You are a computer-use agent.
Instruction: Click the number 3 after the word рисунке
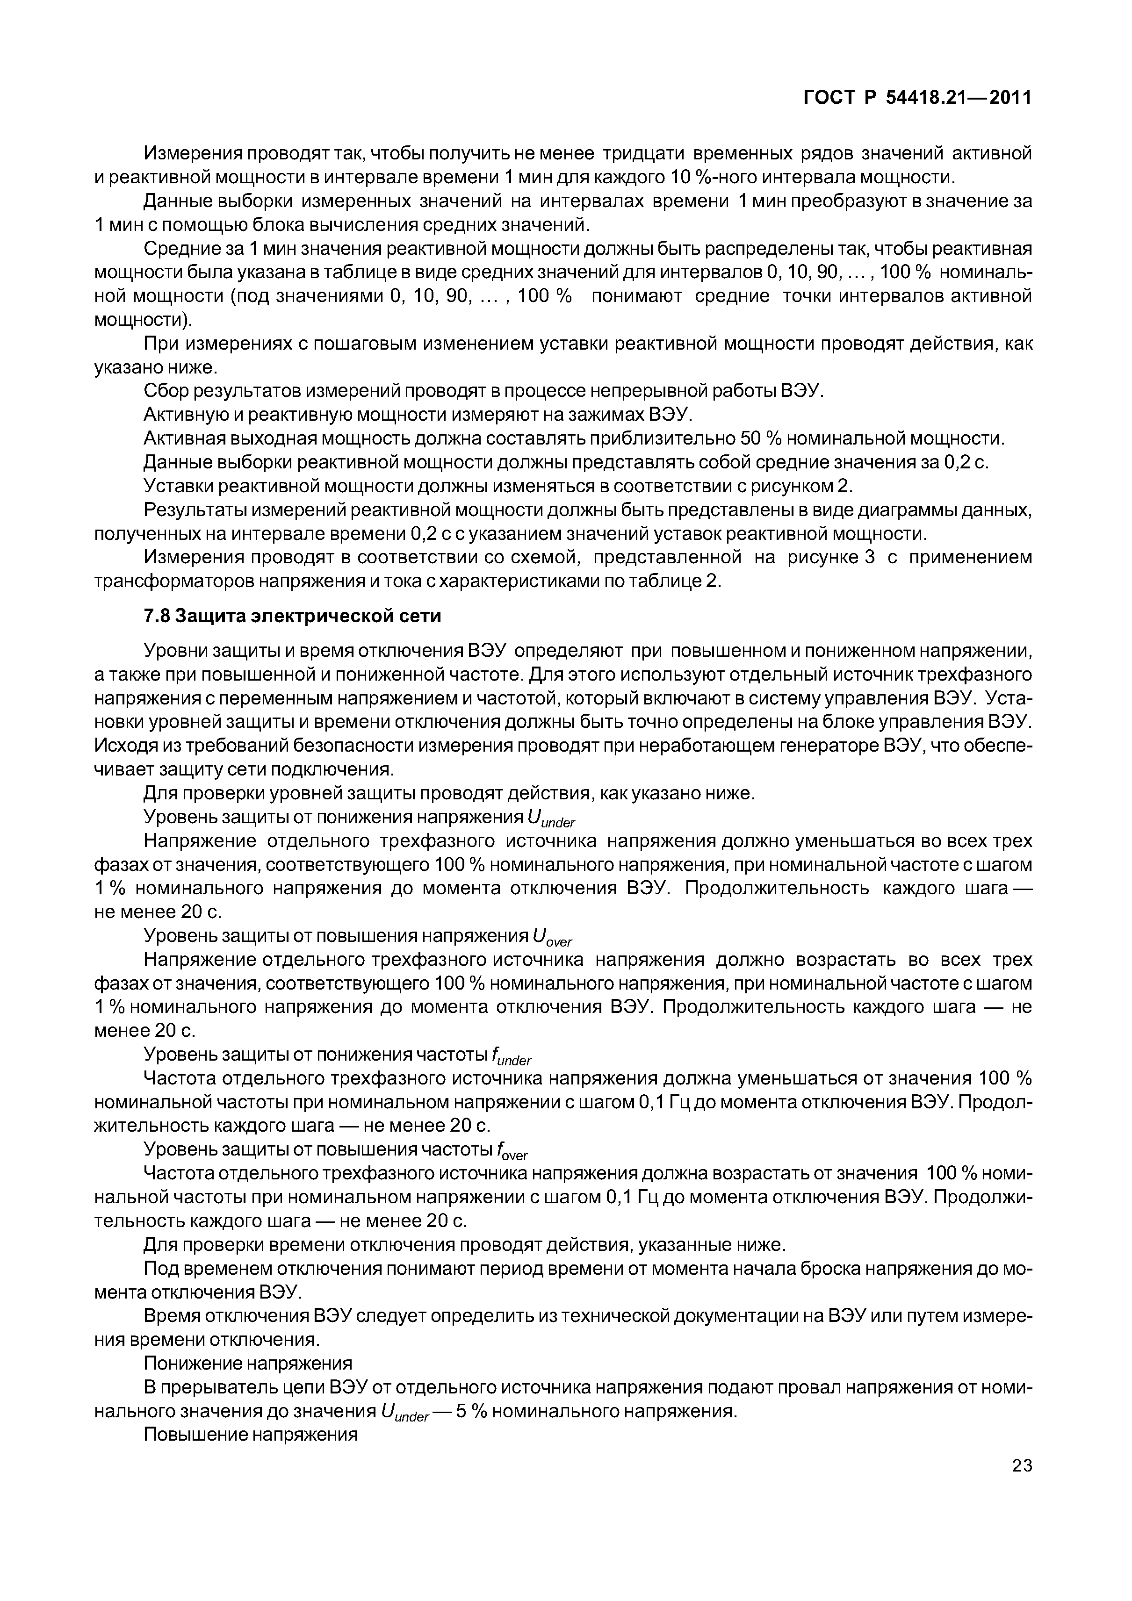point(869,557)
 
